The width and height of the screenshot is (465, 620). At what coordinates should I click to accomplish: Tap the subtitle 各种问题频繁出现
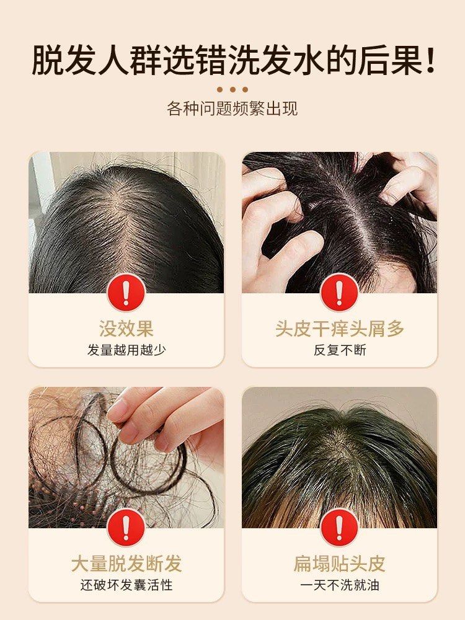232,108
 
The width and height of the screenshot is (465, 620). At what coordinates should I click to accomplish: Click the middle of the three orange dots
232,89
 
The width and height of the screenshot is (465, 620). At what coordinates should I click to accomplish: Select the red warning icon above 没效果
126,293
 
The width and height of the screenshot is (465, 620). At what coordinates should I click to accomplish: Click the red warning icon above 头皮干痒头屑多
339,293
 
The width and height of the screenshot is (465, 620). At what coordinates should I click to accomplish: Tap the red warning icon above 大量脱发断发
126,528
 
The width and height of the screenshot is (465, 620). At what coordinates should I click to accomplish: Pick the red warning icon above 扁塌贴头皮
339,528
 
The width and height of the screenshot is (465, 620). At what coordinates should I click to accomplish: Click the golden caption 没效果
126,328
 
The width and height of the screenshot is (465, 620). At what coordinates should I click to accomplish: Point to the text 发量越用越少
126,350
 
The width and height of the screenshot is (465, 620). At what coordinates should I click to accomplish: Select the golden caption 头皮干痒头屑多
339,328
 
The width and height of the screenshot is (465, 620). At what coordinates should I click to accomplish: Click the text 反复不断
339,350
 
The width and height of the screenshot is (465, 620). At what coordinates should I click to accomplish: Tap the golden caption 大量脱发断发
126,564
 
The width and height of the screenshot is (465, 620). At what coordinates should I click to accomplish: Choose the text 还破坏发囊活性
126,585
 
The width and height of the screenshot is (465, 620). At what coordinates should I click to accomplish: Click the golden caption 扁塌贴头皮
339,564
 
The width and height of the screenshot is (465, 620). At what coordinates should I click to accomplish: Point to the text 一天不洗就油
339,585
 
